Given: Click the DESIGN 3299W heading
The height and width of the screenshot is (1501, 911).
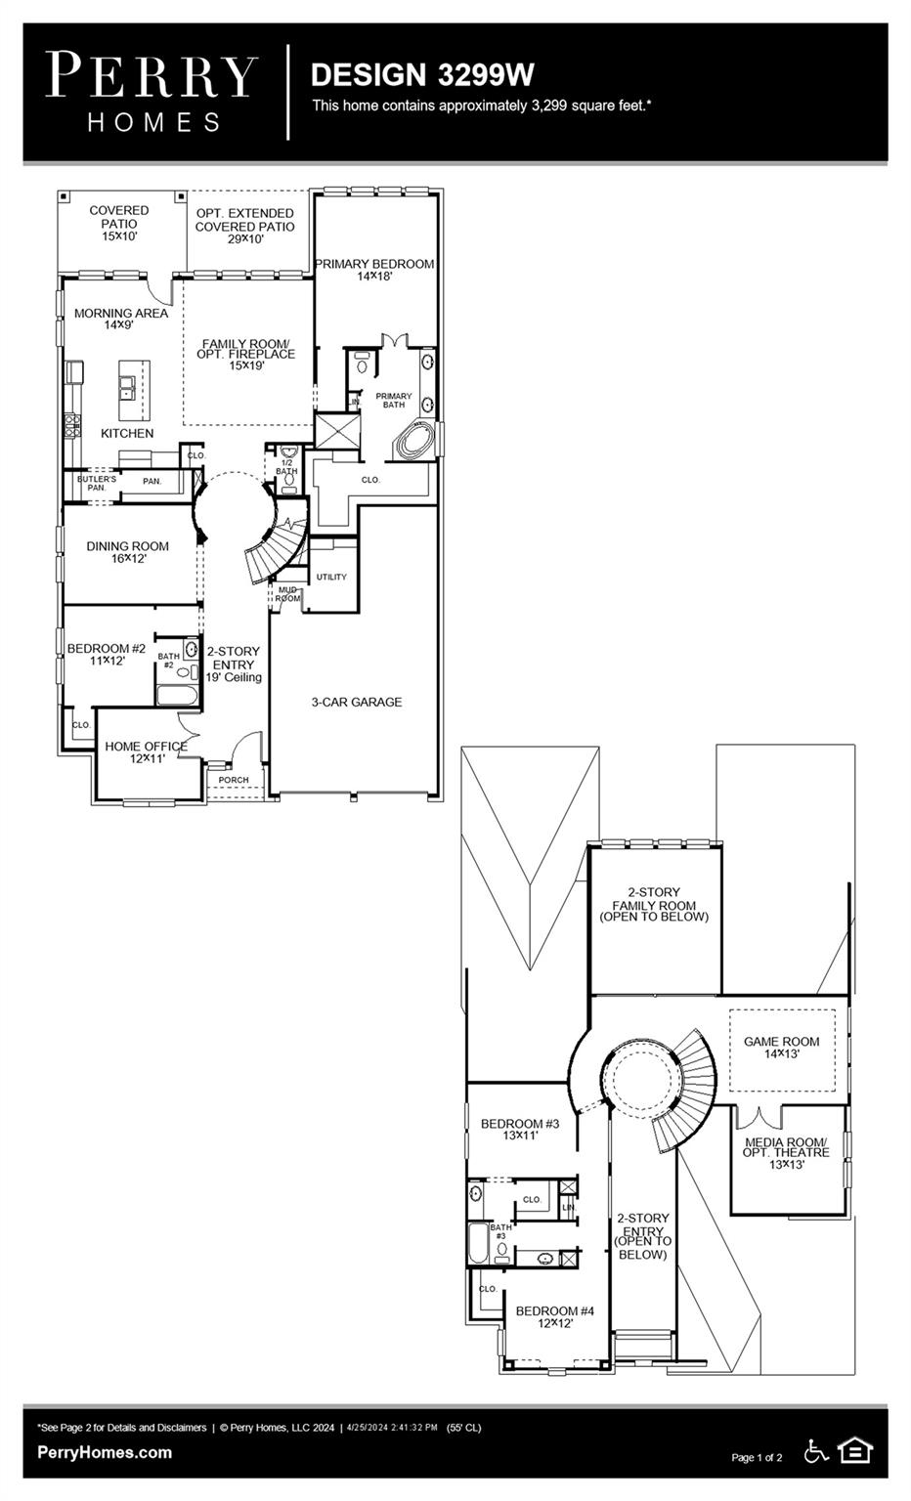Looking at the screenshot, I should (422, 74).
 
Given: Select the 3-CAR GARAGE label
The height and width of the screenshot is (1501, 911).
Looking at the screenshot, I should (357, 702).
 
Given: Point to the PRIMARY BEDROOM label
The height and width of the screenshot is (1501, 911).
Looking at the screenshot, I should (374, 270).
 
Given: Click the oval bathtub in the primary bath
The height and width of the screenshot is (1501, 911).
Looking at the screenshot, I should (414, 442).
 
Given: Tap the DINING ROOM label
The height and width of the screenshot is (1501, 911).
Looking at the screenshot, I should (127, 552).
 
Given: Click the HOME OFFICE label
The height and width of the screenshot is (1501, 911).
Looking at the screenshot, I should (146, 751).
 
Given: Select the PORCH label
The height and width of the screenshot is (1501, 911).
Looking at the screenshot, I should (234, 780).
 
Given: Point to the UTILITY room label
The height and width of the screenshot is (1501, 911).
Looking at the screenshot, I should (331, 578).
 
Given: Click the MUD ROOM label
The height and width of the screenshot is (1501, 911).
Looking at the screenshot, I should (287, 594).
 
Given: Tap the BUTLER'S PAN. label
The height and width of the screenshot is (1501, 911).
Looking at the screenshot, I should (97, 483).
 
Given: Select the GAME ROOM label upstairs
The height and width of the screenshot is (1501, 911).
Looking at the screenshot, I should (782, 1048).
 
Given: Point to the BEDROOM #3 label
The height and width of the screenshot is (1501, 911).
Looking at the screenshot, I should (520, 1130).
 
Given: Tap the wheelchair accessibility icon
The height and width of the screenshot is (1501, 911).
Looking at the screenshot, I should (816, 1451).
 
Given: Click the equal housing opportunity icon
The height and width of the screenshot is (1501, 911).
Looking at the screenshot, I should (855, 1451).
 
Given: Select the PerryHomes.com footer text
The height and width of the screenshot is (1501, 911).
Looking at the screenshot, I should (105, 1452).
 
